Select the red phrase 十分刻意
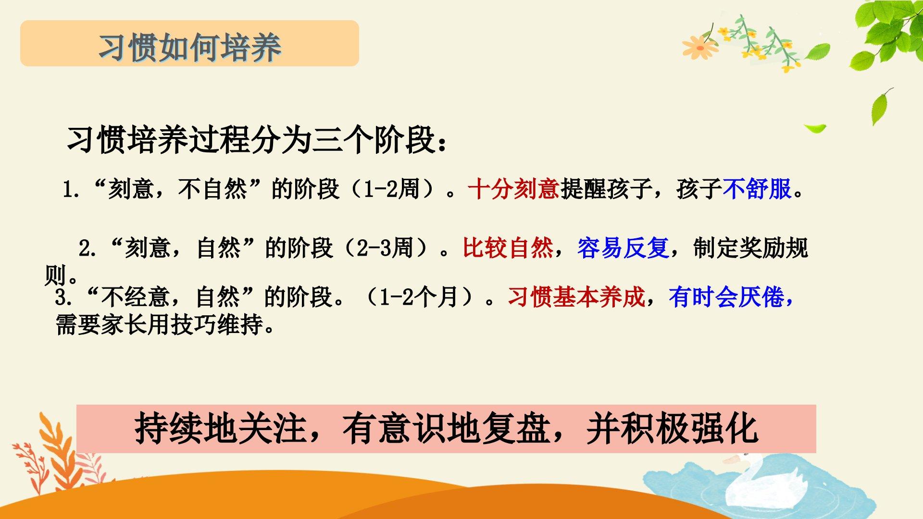tap(513, 189)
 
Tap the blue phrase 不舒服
tap(757, 189)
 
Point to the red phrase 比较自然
tap(508, 248)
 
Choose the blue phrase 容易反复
tap(623, 248)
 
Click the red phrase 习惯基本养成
tap(576, 297)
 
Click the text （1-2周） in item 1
tap(392, 189)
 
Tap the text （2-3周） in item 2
tap(386, 248)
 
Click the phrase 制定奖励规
tap(750, 248)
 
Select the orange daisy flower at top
tap(700, 47)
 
